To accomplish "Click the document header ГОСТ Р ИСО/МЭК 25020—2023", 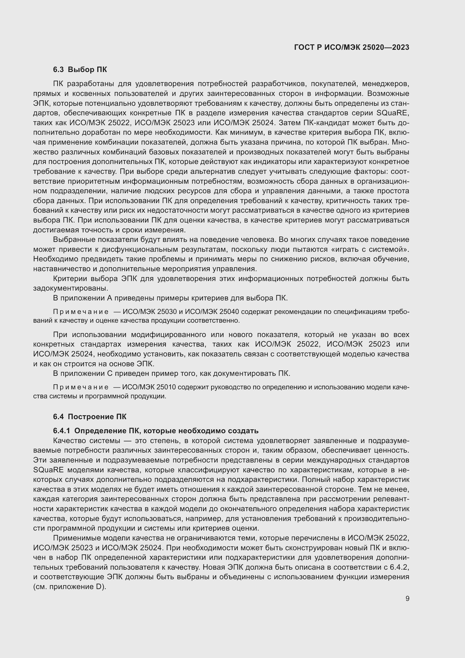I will tap(352, 48).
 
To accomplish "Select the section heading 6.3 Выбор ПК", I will tap(80, 70).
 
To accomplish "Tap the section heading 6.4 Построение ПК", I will tap(90, 417).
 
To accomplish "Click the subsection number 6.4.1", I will tap(61, 431).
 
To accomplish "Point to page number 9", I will tap(407, 599).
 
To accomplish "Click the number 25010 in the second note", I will tap(166, 387).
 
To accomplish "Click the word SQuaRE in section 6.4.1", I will tap(46, 470).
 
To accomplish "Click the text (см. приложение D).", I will tap(69, 587).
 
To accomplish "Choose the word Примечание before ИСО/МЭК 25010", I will tap(81, 387).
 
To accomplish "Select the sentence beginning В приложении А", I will tap(170, 298).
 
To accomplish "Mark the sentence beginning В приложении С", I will tap(171, 373).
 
